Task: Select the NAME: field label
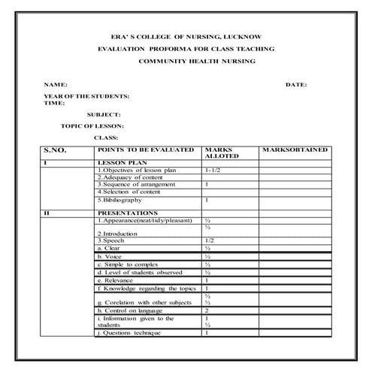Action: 56,85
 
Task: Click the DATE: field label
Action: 296,85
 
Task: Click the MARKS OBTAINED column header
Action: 295,150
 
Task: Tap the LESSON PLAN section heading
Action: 121,163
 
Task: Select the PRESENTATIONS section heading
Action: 127,214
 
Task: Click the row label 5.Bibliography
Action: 119,201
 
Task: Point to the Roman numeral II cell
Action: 47,214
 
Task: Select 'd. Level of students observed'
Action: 139,272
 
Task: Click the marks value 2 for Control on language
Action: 207,310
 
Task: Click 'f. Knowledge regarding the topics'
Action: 146,288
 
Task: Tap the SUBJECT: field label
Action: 103,114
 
